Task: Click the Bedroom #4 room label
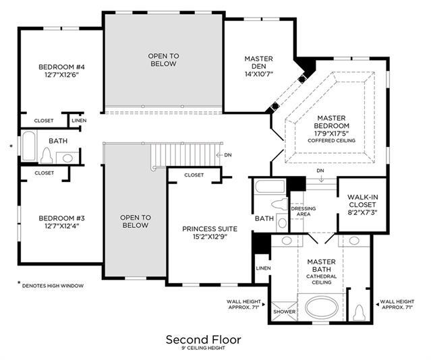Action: (x=61, y=67)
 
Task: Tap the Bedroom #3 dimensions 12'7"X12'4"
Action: (x=62, y=227)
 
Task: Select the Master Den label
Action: (x=258, y=63)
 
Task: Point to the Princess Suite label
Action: (x=210, y=229)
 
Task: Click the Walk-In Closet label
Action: (x=363, y=201)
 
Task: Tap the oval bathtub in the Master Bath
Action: (x=322, y=307)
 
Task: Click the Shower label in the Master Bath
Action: (x=284, y=311)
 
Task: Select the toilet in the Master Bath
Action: (x=360, y=313)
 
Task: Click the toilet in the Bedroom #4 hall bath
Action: (x=46, y=155)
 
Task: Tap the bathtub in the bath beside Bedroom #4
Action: (x=28, y=146)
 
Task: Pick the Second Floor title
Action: (x=204, y=340)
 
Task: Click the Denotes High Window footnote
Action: (x=53, y=286)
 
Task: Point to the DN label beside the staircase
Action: (x=228, y=155)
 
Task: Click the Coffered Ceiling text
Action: (x=331, y=141)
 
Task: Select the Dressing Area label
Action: (x=304, y=211)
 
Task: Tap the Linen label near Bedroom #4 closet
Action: (x=79, y=121)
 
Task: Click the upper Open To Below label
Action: (x=163, y=60)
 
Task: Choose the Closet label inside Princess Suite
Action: (x=194, y=175)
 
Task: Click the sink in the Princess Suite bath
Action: (x=282, y=223)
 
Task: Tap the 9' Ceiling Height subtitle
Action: (x=204, y=348)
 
